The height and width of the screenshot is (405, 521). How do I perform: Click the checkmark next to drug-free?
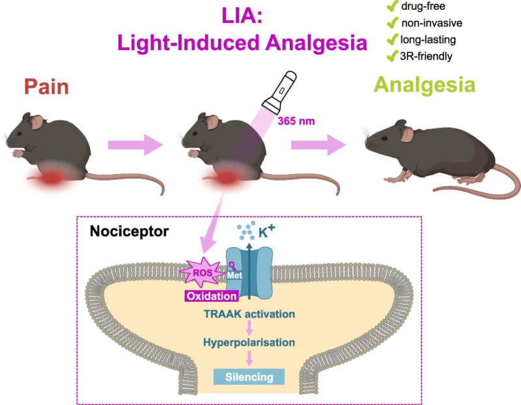[392, 8]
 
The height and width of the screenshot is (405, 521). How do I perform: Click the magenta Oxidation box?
[209, 296]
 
